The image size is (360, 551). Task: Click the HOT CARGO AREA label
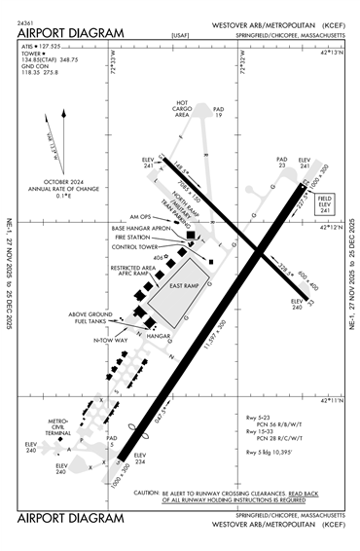(181, 108)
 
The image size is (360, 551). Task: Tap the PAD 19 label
(219, 112)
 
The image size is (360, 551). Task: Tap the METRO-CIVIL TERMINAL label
(65, 424)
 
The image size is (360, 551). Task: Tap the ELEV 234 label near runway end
(140, 458)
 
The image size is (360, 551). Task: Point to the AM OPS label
(141, 216)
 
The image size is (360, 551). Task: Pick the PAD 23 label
(281, 162)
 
